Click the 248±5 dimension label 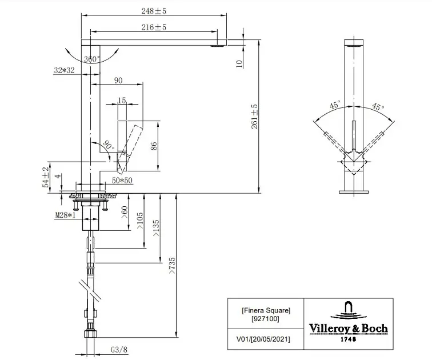(x=154, y=10)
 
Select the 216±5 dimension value (x=154, y=27)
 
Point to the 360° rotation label (x=91, y=59)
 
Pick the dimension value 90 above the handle (x=119, y=81)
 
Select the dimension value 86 (x=154, y=146)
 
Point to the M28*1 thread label (x=66, y=215)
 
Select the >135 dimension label (x=155, y=229)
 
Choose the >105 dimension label (x=141, y=221)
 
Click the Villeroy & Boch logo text (x=349, y=328)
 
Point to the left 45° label (x=335, y=105)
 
